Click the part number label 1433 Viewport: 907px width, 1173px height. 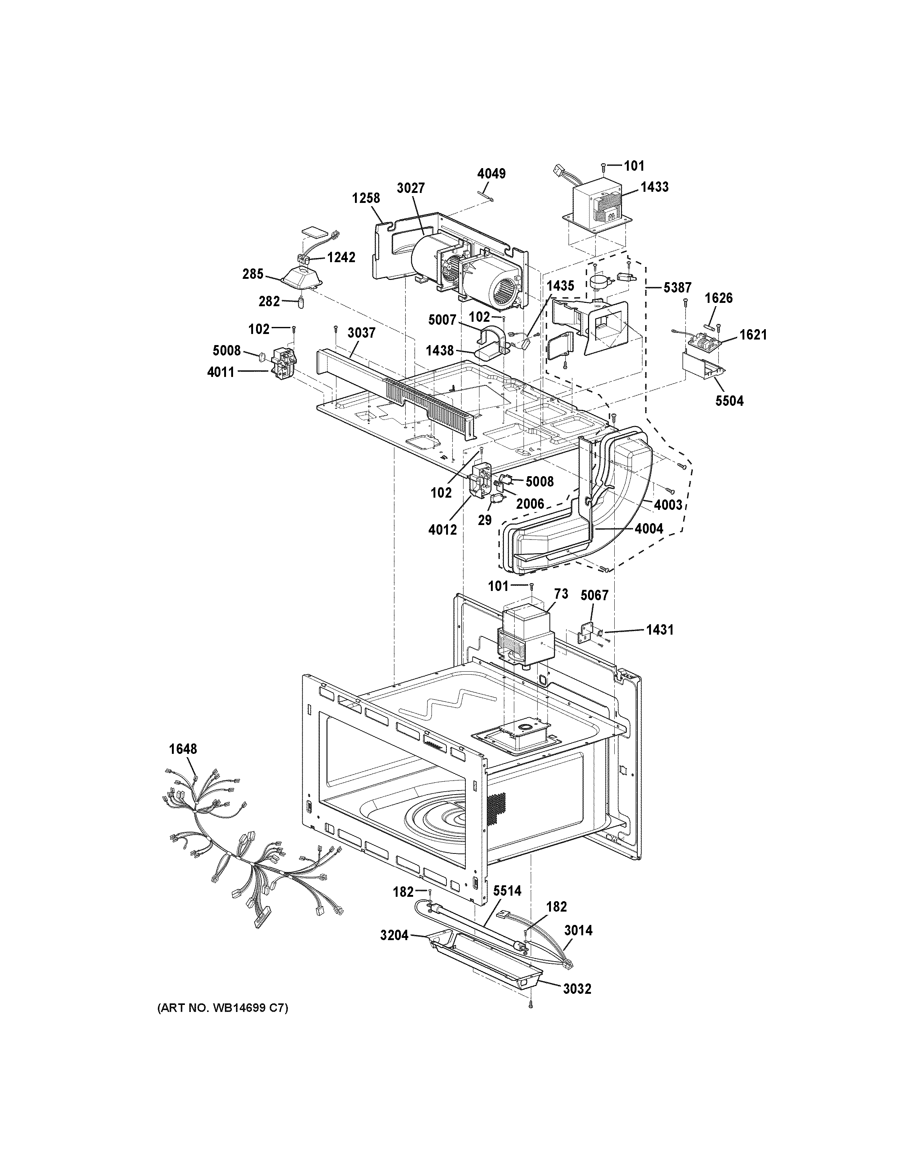coord(654,187)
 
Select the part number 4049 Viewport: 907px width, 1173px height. coord(491,174)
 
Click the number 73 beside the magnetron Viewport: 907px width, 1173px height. coord(561,594)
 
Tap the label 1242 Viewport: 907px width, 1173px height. coord(341,257)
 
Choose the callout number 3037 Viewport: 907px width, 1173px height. coord(361,332)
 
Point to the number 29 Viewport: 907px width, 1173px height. coord(485,520)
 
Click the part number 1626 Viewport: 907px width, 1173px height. coord(718,298)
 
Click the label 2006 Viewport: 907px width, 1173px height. coord(530,504)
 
